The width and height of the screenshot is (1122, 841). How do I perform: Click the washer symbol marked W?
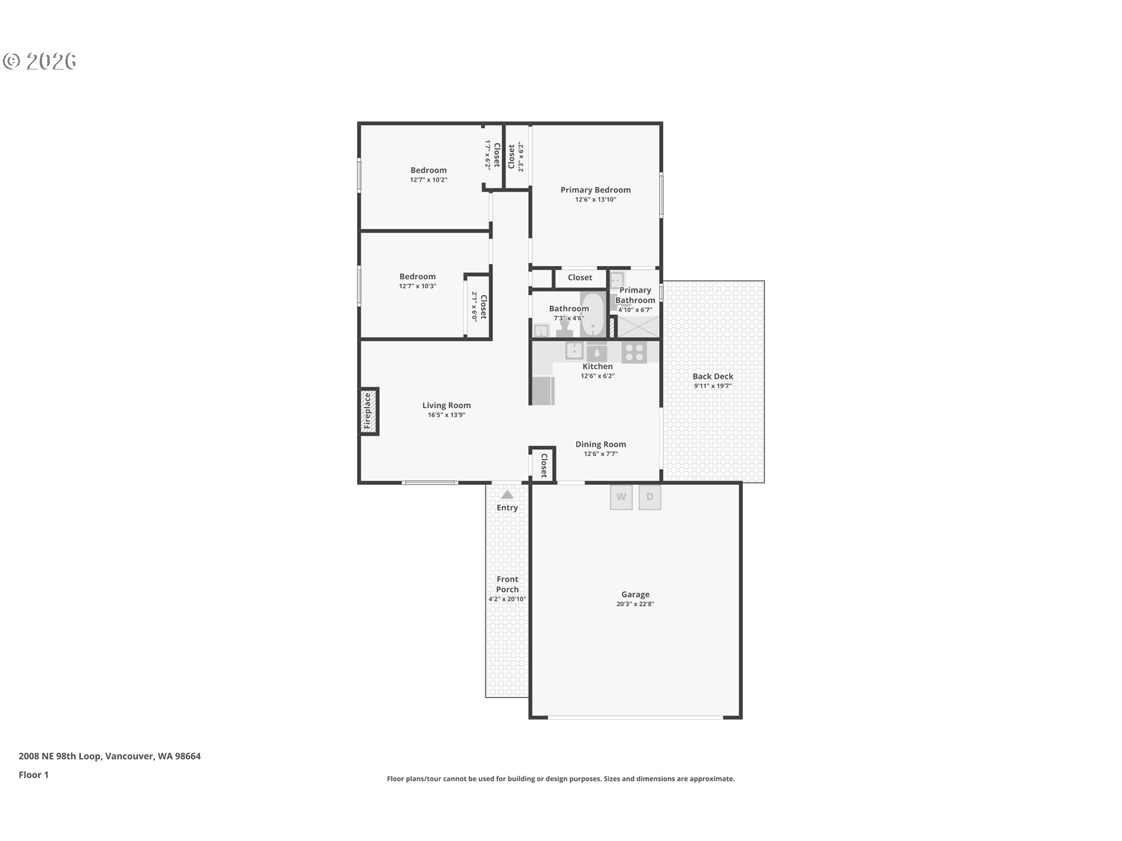click(x=621, y=497)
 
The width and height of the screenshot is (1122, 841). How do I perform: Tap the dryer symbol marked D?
click(x=650, y=497)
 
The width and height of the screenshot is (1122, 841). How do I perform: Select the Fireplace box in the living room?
click(x=369, y=411)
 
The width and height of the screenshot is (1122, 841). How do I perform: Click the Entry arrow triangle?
click(x=507, y=494)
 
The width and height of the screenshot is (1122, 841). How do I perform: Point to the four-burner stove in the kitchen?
click(x=634, y=352)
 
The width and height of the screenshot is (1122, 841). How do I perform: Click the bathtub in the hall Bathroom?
click(x=593, y=314)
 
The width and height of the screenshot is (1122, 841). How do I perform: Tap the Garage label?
click(x=635, y=595)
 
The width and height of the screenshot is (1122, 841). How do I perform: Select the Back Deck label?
click(x=713, y=377)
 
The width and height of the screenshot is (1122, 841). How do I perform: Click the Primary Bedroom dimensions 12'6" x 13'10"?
click(x=595, y=200)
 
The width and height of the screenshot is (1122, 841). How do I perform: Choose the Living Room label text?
click(x=446, y=405)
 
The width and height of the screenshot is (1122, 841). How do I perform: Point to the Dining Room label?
click(x=601, y=444)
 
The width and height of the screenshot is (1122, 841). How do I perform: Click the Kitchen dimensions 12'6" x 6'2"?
click(x=597, y=376)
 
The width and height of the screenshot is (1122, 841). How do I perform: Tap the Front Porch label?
click(x=507, y=584)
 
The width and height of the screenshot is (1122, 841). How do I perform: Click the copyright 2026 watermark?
click(x=40, y=61)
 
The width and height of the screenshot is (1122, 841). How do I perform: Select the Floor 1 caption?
click(x=33, y=775)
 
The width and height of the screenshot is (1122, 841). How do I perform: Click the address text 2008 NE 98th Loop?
click(x=61, y=756)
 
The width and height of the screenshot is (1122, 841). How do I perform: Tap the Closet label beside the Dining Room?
click(x=544, y=465)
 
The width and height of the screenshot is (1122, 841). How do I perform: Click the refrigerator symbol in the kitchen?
click(x=543, y=391)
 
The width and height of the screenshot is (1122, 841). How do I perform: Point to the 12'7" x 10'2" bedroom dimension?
click(x=428, y=180)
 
